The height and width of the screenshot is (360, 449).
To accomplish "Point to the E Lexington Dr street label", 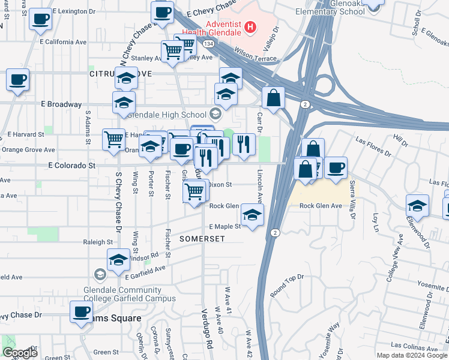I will [x=74, y=11].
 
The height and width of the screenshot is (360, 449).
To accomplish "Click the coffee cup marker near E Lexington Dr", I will [x=40, y=19].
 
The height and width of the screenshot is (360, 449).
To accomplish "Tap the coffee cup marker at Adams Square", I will [x=81, y=312].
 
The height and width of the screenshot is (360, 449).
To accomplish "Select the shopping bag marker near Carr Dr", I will [x=273, y=98].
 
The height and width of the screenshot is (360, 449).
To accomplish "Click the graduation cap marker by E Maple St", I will [x=252, y=214].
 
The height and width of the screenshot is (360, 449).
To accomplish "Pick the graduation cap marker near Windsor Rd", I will [x=119, y=260].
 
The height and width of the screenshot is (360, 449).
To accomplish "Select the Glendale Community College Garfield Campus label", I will [x=130, y=293].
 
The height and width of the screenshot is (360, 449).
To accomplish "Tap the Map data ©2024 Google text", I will [x=412, y=355].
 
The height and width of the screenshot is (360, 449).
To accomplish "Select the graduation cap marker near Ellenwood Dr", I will [x=417, y=206].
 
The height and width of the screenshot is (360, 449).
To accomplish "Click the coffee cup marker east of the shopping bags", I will [x=336, y=167].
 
